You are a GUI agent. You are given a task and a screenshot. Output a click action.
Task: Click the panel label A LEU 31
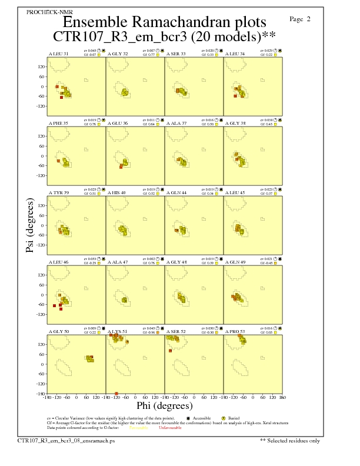[58, 54]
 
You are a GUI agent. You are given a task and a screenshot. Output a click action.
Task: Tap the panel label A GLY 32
[118, 54]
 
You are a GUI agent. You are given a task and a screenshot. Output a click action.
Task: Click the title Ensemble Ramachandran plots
[164, 22]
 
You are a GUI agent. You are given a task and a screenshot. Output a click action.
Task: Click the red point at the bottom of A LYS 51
[116, 393]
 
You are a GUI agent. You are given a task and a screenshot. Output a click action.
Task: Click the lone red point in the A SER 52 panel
[170, 351]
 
